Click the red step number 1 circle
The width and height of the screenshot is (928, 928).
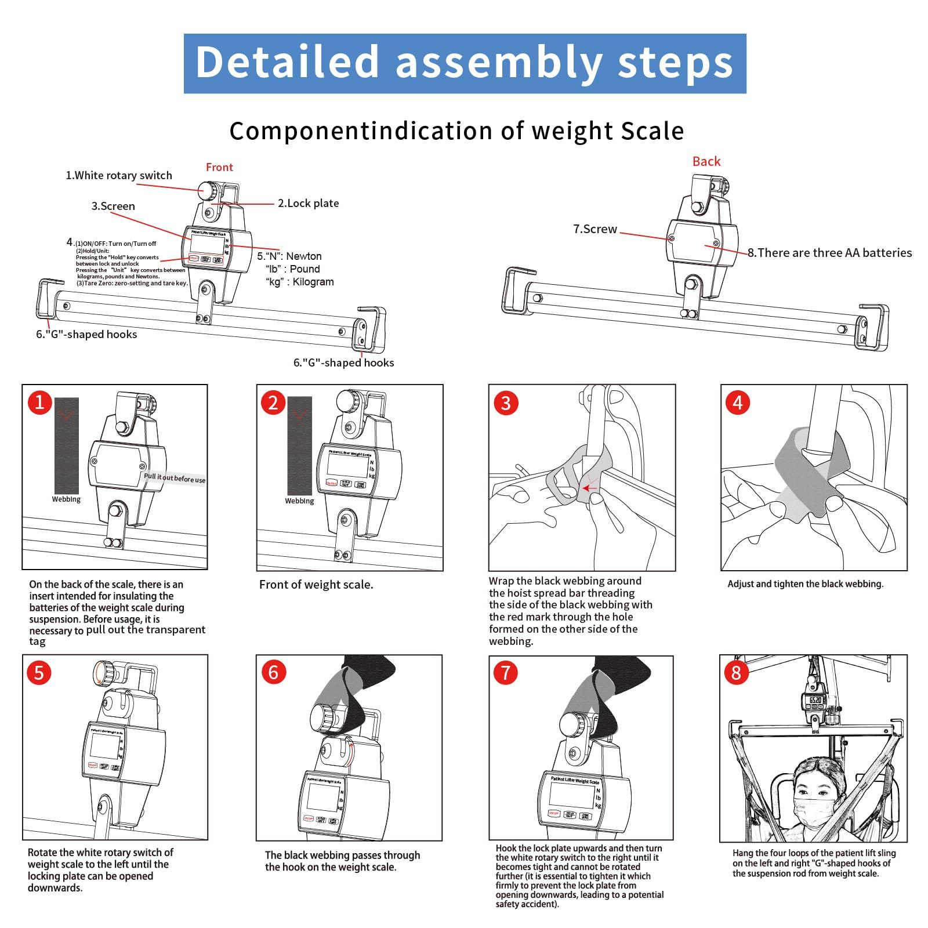[x=39, y=401]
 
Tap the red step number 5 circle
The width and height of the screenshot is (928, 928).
[x=39, y=672]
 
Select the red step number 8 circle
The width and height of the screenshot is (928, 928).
[x=736, y=672]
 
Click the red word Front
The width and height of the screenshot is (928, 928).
[x=219, y=167]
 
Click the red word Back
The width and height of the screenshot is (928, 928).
[x=706, y=161]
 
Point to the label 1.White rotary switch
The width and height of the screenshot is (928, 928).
[x=119, y=175]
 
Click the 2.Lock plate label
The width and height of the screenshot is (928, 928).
[x=308, y=203]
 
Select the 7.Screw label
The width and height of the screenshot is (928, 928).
[x=595, y=229]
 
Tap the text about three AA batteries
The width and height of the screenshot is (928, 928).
[x=829, y=252]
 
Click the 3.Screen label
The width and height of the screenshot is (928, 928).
[x=113, y=206]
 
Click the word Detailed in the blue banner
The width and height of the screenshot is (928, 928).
[x=287, y=62]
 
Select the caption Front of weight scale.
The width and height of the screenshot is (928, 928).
[x=316, y=585]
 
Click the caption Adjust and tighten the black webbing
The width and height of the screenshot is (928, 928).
[x=805, y=584]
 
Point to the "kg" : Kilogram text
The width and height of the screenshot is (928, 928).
[x=300, y=282]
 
